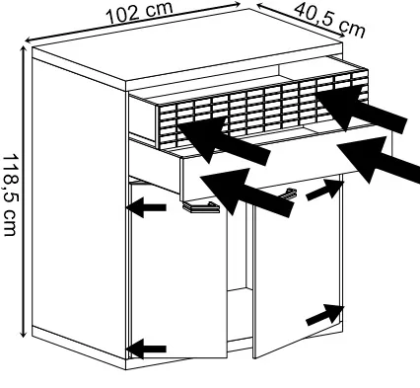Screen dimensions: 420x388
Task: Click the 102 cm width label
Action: click(140, 14)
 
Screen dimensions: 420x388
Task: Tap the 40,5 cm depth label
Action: click(329, 21)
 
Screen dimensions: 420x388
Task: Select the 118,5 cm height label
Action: click(10, 194)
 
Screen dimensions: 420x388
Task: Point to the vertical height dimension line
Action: click(23, 192)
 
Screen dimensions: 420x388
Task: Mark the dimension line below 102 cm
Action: click(133, 23)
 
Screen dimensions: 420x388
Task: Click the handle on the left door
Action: click(200, 207)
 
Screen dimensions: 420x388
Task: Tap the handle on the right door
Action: click(289, 194)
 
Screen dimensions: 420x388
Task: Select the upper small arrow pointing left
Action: click(147, 207)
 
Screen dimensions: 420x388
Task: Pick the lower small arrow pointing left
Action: click(147, 349)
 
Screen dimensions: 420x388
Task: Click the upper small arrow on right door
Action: click(324, 190)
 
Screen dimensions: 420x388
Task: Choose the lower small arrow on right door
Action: click(324, 315)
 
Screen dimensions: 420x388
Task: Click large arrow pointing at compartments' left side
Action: click(224, 140)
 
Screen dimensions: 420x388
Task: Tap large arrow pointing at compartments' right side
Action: click(362, 109)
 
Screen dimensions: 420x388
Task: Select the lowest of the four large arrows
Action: click(246, 192)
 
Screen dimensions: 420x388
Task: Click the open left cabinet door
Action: click(178, 270)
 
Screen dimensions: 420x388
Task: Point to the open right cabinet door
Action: click(298, 267)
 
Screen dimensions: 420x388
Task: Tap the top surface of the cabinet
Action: click(187, 46)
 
